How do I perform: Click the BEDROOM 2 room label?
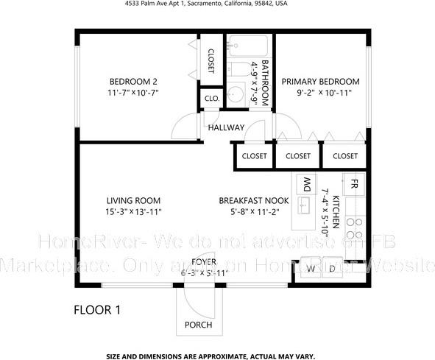pyautogui.click(x=133, y=81)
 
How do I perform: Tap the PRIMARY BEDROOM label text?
pyautogui.click(x=320, y=81)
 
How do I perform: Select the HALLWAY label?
pyautogui.click(x=225, y=127)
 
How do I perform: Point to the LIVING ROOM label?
pyautogui.click(x=133, y=200)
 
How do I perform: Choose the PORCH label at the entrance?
pyautogui.click(x=199, y=325)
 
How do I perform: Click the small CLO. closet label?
pyautogui.click(x=212, y=97)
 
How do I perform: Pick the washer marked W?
pyautogui.click(x=311, y=269)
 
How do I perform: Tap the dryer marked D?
pyautogui.click(x=331, y=269)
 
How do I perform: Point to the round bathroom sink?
pyautogui.click(x=236, y=94)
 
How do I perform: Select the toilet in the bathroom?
pyautogui.click(x=237, y=71)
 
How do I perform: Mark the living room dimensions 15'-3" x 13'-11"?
pyautogui.click(x=133, y=211)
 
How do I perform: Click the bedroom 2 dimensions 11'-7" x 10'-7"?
pyautogui.click(x=133, y=93)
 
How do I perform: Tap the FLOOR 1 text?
pyautogui.click(x=97, y=311)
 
